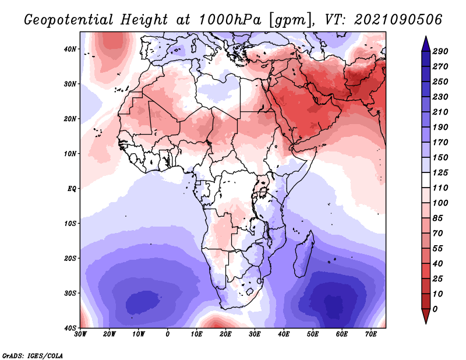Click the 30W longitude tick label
80,334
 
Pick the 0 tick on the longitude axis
168,334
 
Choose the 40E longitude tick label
284,334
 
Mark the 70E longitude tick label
370,334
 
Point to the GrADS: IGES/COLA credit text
32,355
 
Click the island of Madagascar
303,255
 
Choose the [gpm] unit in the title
288,20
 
